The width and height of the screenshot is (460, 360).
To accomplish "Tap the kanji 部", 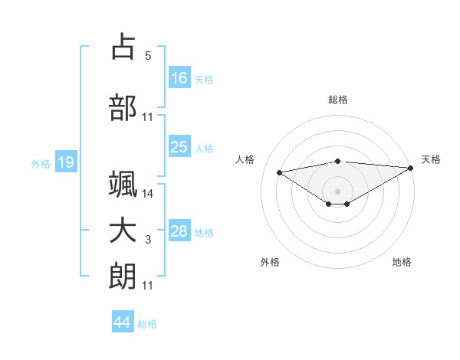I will point(123,108).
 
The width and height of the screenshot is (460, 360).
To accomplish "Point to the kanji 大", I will point(123,231).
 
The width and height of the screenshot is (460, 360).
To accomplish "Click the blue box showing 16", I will point(179,77).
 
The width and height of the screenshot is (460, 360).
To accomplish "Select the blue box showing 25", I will point(179,147).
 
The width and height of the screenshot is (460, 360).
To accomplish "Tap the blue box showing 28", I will point(179,231).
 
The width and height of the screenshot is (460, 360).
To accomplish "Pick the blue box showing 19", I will point(65,162).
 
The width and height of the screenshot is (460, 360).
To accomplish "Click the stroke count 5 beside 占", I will point(148,55).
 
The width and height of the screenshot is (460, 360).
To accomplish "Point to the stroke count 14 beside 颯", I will point(148,194).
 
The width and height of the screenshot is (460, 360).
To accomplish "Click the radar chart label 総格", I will point(338,100).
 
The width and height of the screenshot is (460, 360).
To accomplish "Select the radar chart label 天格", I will point(432,159).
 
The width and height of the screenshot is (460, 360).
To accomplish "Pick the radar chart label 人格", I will point(245,159).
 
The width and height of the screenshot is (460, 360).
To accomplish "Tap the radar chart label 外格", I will point(270,262).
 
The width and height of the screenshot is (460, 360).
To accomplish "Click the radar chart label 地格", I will point(402,262).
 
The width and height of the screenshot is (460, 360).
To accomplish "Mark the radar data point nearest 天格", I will point(412,168).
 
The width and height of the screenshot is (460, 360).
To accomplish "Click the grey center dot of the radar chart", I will point(338,191).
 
